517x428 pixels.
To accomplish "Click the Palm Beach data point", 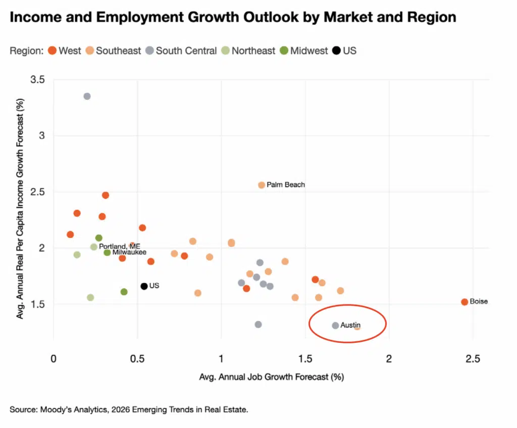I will [262, 185].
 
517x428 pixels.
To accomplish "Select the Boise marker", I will [464, 302].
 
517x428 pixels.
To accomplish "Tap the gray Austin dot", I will [335, 326].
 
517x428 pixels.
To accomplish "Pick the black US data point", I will [144, 286].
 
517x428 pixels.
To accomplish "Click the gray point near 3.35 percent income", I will [87, 96].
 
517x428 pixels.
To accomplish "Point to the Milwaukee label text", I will [129, 252].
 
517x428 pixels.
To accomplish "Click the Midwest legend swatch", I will [284, 50].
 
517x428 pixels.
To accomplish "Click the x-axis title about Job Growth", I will [272, 377].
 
